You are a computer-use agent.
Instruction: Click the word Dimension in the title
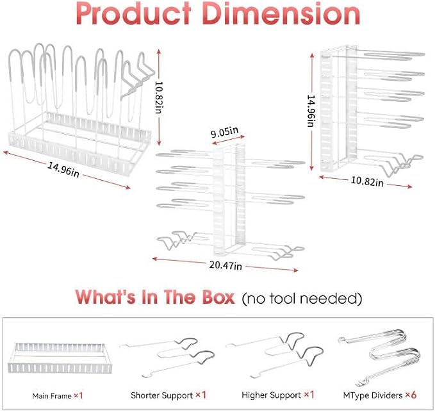click(x=281, y=13)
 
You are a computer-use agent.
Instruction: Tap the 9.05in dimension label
click(x=224, y=132)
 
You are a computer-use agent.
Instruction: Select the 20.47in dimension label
click(x=226, y=265)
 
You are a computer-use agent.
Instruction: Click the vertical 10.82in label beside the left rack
click(x=159, y=97)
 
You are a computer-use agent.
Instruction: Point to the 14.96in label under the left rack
click(x=63, y=170)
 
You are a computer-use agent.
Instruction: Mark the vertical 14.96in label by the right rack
click(x=311, y=111)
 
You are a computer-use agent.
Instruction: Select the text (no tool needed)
click(x=302, y=299)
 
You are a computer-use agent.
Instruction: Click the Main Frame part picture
click(x=60, y=358)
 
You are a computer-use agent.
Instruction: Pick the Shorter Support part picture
click(x=168, y=358)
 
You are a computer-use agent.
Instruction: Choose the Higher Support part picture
click(x=275, y=355)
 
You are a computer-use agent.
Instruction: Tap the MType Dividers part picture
click(x=379, y=358)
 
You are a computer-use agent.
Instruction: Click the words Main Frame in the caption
click(x=52, y=396)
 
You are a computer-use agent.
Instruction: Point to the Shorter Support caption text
click(x=161, y=395)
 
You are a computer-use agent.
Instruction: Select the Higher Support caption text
click(x=272, y=395)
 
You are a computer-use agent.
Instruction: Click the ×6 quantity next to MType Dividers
click(x=411, y=395)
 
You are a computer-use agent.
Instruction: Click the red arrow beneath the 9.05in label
click(x=228, y=140)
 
